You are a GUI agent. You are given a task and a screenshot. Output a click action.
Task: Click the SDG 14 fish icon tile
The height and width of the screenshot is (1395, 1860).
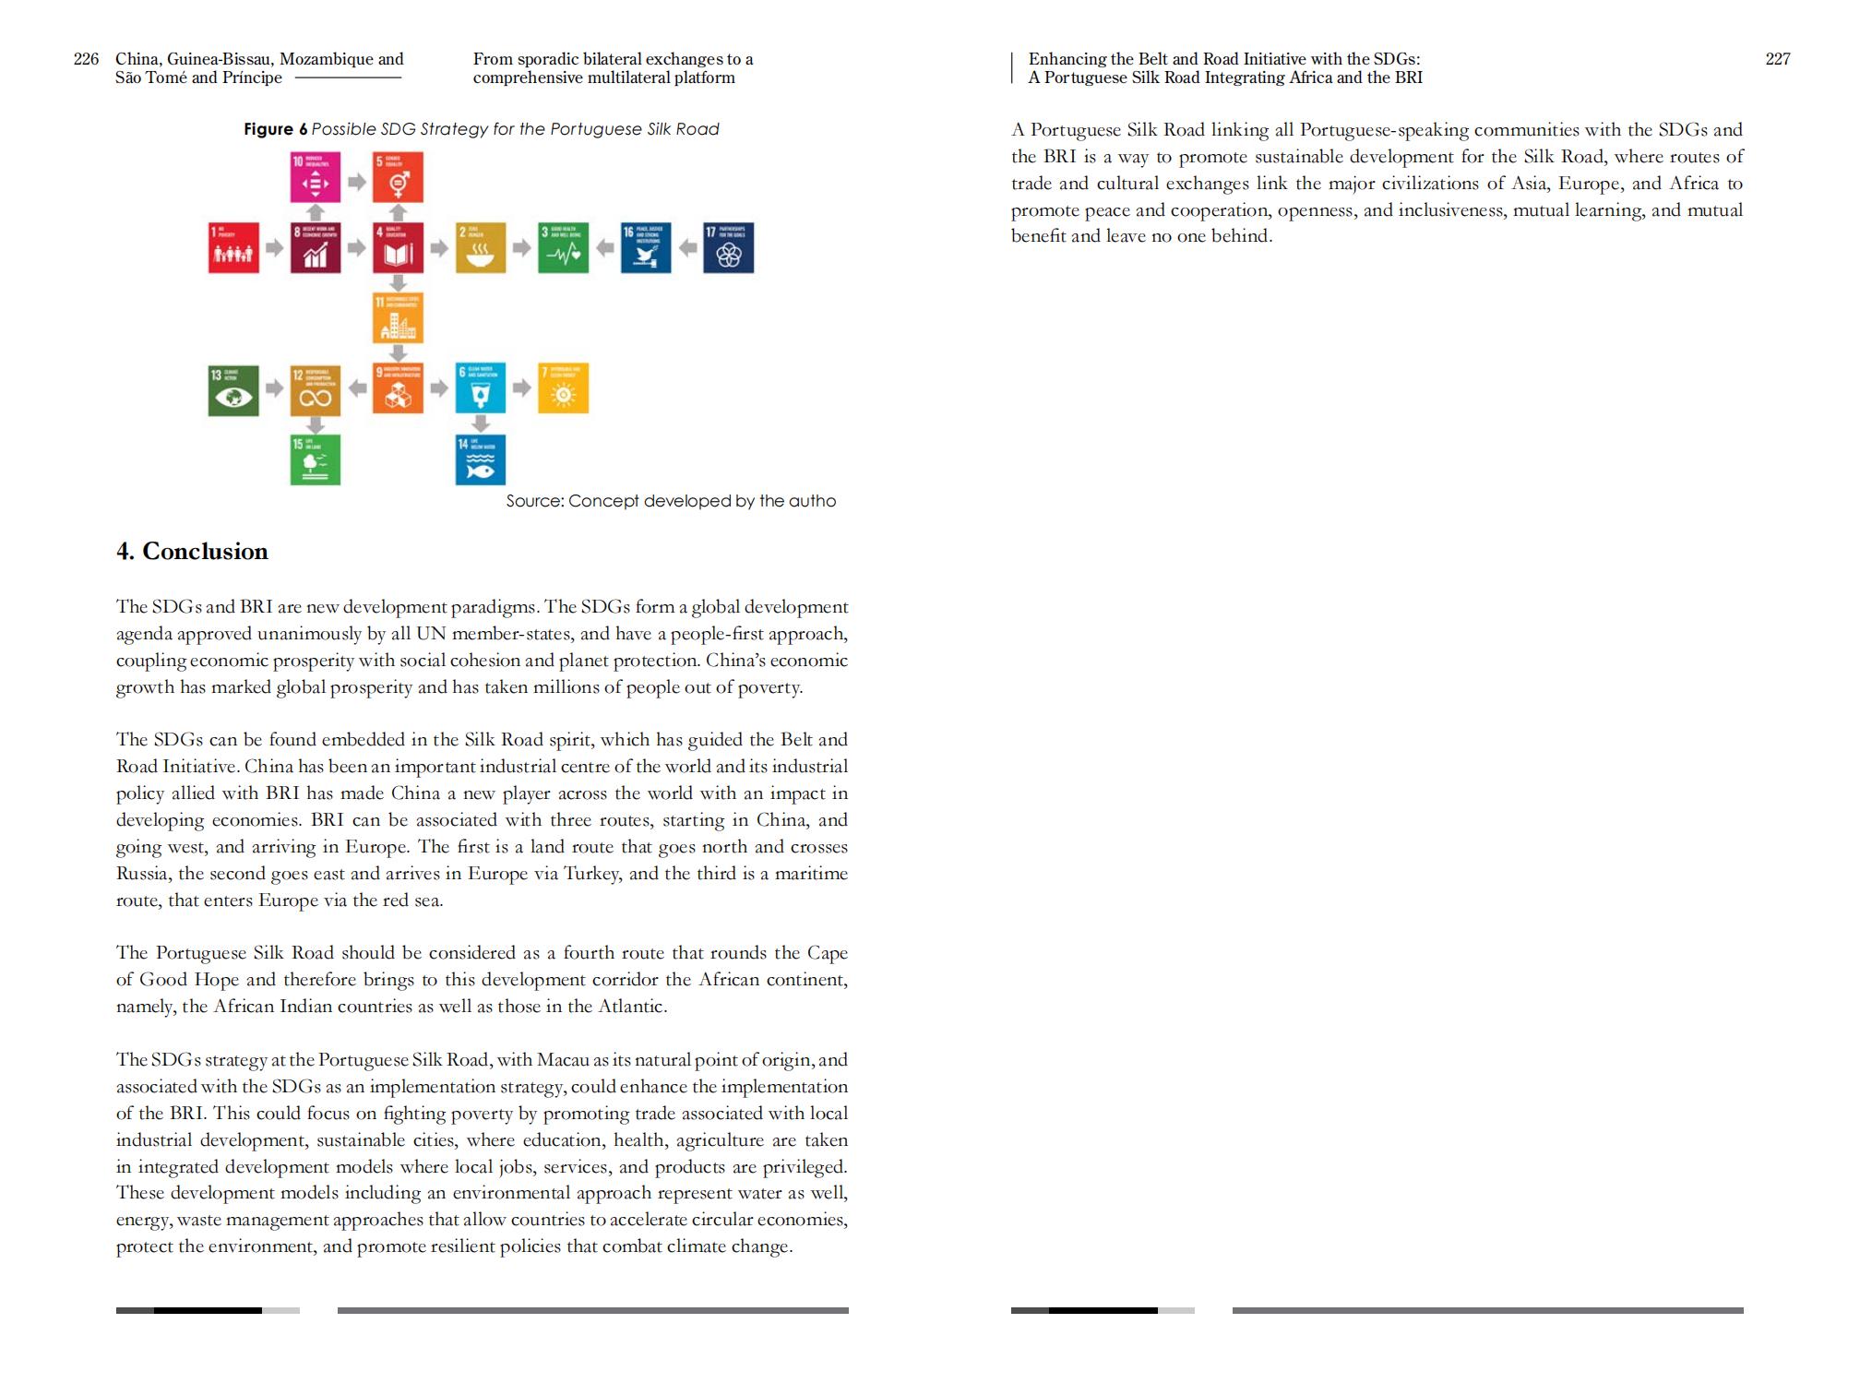[x=481, y=459]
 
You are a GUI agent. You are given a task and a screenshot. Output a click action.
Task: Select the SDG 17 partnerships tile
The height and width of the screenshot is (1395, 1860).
[x=729, y=248]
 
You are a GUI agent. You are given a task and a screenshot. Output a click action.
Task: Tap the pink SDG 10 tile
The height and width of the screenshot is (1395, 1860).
[x=316, y=177]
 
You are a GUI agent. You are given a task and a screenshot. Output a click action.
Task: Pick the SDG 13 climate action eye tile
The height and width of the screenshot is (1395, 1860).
[x=233, y=390]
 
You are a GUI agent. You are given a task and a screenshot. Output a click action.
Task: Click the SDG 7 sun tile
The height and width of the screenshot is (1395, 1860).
[x=563, y=388]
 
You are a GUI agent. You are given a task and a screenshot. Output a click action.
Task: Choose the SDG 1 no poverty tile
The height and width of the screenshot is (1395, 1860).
[x=233, y=248]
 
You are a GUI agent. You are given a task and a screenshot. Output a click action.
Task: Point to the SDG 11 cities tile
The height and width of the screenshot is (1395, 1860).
[x=399, y=317]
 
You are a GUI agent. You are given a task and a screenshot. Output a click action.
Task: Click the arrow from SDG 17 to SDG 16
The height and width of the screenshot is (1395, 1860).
[x=687, y=248]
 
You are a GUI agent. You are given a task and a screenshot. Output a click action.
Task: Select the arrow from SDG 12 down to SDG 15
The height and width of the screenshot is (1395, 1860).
[x=316, y=424]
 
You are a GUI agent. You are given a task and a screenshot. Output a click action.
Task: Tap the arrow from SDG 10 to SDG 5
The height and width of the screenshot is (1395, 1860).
[x=357, y=182]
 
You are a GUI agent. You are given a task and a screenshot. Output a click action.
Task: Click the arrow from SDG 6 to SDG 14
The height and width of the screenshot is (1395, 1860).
[x=481, y=423]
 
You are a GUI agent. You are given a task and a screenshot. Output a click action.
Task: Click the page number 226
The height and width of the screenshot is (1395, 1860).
[x=86, y=59]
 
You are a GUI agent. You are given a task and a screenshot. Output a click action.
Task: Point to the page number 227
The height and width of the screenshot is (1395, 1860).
[x=1778, y=59]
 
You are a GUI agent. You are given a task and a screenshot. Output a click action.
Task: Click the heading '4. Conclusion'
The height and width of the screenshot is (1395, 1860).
[x=192, y=552]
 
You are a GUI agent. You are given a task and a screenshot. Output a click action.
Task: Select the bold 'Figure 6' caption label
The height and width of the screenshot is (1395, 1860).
[x=275, y=129]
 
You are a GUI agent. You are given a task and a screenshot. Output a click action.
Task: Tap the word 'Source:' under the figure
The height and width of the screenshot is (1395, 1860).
[x=534, y=501]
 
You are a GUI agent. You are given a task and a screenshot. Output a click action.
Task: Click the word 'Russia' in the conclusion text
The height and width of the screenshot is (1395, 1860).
[x=143, y=874]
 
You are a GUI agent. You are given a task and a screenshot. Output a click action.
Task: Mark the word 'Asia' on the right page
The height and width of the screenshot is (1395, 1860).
[x=1531, y=184]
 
